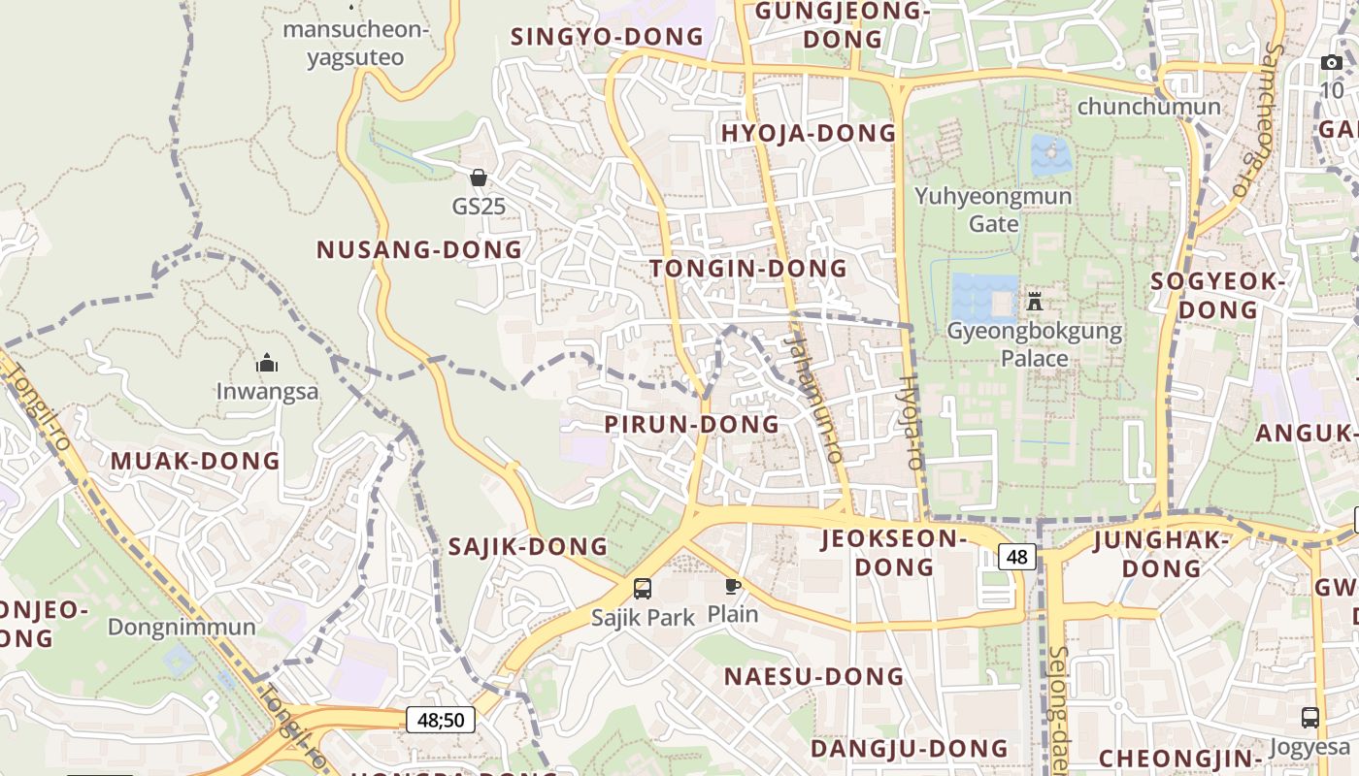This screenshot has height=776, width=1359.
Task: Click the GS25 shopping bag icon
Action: point(478,178)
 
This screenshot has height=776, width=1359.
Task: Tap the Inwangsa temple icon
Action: point(267,364)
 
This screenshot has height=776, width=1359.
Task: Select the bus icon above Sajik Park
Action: point(643,588)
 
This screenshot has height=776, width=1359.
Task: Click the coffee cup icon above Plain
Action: point(733,586)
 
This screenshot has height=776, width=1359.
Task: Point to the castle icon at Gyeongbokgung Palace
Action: point(1035,302)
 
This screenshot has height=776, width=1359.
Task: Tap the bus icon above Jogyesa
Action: point(1309,718)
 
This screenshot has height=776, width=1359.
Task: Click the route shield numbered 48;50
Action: point(441,720)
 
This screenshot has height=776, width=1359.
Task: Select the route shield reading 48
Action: point(1017,557)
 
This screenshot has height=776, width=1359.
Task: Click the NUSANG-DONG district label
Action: point(419,249)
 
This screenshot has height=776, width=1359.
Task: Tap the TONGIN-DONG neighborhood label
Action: point(748,269)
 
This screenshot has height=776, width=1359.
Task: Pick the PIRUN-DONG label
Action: point(691,424)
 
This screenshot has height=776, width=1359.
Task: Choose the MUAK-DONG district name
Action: point(195,461)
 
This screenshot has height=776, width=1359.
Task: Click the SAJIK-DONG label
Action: point(527,547)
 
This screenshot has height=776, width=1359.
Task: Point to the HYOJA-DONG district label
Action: point(809,134)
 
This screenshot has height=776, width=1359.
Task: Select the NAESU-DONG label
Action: point(813,676)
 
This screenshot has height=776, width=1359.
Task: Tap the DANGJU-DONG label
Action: point(910,749)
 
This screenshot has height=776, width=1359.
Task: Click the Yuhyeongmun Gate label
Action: point(993,210)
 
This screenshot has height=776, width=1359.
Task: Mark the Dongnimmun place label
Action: point(182,627)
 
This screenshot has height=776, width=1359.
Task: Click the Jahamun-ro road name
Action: point(813,398)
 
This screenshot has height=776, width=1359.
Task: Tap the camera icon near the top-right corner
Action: point(1331,63)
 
